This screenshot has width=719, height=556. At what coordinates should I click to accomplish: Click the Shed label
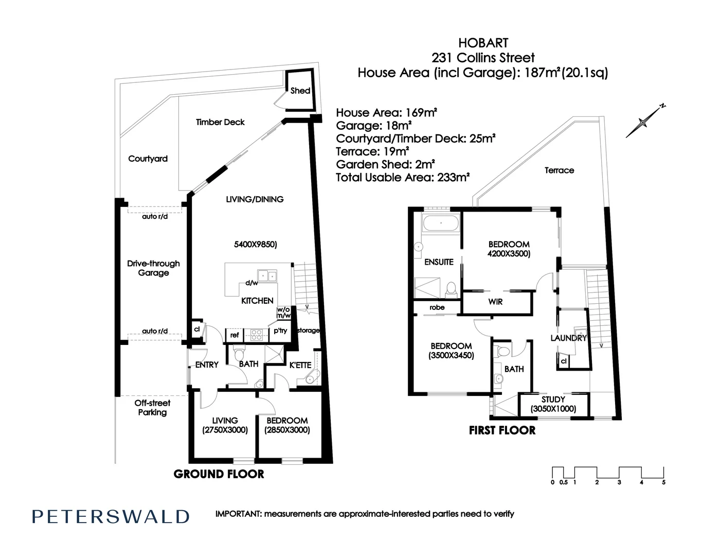point(300,91)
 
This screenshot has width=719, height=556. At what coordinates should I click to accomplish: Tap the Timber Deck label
point(220,122)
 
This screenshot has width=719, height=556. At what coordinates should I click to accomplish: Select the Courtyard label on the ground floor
point(148,159)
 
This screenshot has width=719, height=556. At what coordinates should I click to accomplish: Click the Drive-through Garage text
point(153,268)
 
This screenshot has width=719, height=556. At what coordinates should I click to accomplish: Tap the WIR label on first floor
point(495,302)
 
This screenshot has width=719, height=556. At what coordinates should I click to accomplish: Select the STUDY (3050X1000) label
point(553,404)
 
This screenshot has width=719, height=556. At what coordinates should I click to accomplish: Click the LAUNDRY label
point(568,338)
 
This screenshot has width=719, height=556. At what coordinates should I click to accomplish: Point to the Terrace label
point(559,170)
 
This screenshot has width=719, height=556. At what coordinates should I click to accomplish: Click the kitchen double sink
point(267,276)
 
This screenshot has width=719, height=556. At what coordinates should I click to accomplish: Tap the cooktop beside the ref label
point(256,335)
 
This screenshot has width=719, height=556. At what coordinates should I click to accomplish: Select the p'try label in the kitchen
point(280,331)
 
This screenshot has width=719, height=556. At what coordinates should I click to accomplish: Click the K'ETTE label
point(300,365)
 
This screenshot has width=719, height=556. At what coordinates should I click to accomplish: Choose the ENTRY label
point(207,364)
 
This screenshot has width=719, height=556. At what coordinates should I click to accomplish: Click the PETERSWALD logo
point(111,516)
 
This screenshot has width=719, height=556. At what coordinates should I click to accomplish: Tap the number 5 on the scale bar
point(663,482)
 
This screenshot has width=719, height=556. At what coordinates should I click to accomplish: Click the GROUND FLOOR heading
point(219,474)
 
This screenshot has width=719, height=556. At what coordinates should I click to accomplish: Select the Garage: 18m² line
point(373,126)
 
